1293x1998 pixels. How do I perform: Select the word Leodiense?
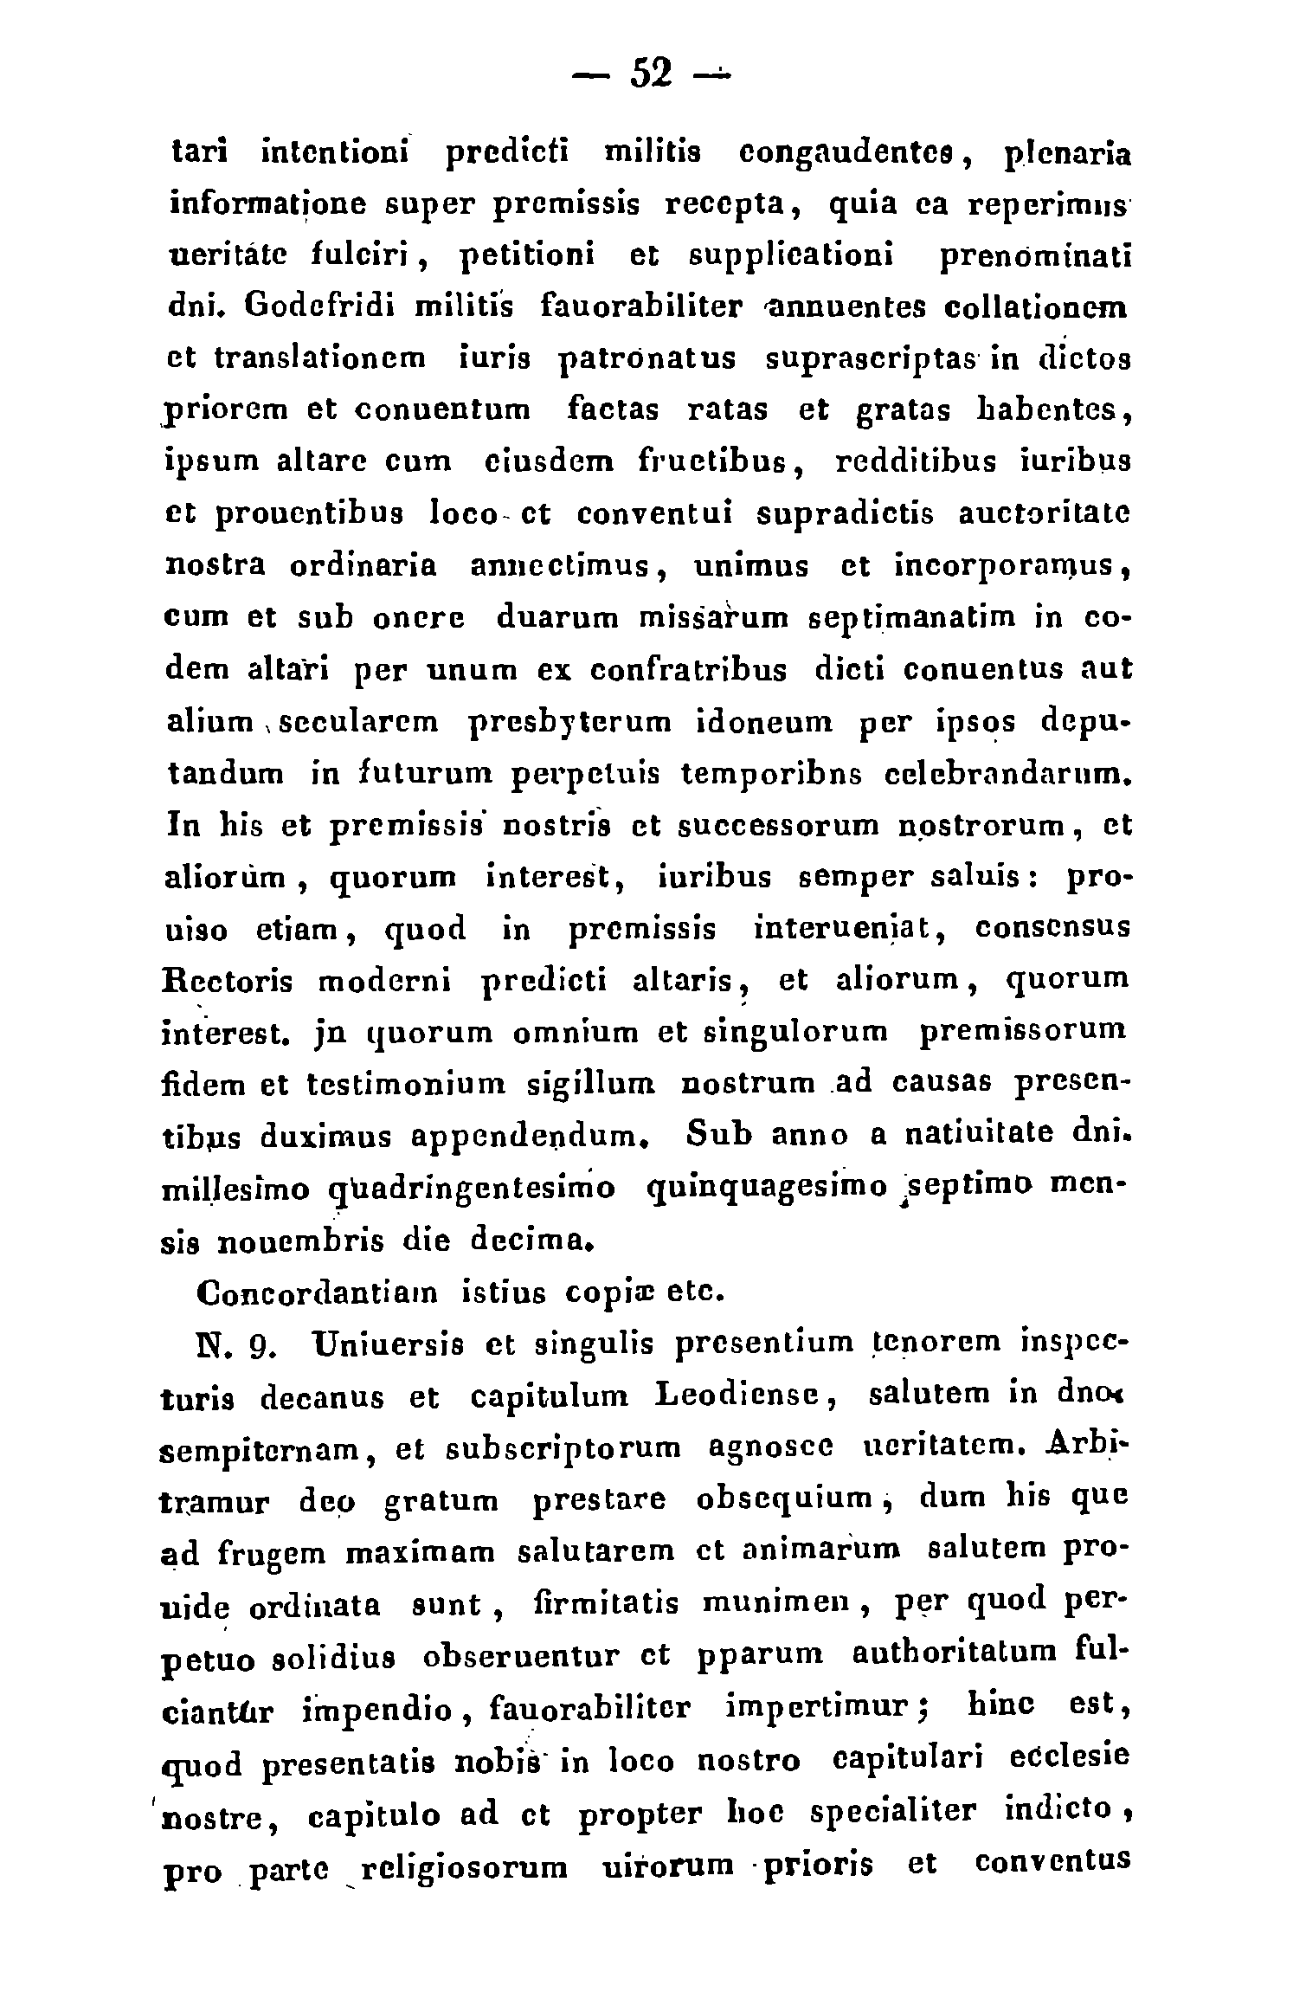(731, 1398)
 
